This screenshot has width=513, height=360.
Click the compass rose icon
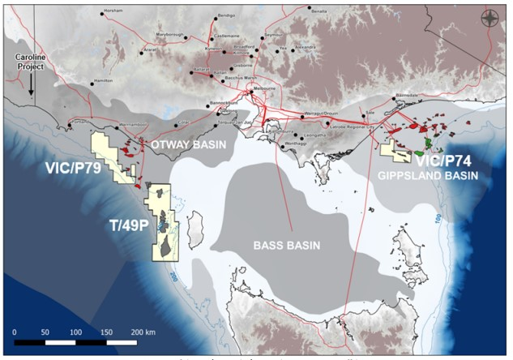[x=490, y=19]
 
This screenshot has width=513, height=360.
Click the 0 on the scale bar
[x=15, y=332]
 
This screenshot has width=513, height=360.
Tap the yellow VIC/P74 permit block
[x=396, y=150]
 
